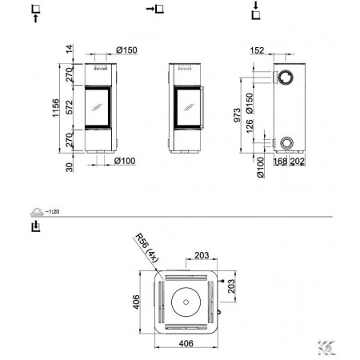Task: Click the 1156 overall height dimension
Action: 55,108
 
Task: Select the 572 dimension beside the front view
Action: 70,107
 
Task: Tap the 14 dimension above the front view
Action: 70,49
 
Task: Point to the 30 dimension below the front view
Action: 70,167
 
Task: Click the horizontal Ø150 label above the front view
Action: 126,50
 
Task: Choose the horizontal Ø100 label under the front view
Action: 125,161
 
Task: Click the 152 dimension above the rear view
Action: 257,50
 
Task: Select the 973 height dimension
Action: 237,115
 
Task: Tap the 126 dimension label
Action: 250,126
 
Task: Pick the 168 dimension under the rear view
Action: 280,161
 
